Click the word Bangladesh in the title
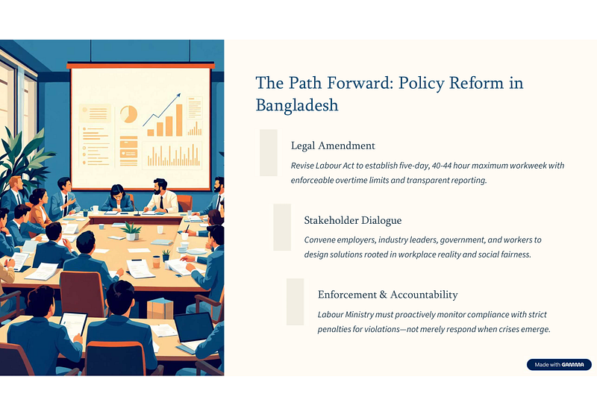(296, 105)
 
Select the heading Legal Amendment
(333, 146)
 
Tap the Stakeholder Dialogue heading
(352, 220)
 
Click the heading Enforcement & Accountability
(387, 295)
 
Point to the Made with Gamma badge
(559, 365)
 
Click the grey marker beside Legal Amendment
(269, 153)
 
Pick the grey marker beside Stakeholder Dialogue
(282, 228)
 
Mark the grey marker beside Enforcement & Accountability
(295, 302)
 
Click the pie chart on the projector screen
(128, 114)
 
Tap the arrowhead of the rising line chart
(178, 96)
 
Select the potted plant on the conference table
(131, 231)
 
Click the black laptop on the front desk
(193, 328)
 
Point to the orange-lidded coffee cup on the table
(156, 262)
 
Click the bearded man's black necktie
(162, 202)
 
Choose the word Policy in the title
(421, 84)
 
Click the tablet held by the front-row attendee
(73, 326)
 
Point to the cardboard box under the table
(160, 308)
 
